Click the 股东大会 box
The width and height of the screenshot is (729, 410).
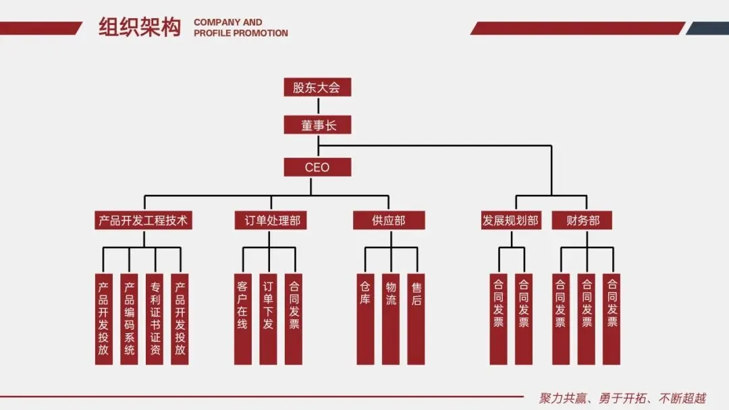coord(317,87)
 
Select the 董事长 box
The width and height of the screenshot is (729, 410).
coord(317,125)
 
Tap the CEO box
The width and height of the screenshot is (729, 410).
coord(317,167)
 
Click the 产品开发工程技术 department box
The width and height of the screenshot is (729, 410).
coord(143,221)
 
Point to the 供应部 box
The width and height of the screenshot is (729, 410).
coord(389,221)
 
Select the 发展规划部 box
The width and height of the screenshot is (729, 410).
coord(511,221)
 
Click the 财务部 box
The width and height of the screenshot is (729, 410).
coord(583,221)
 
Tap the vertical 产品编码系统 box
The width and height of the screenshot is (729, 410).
coord(129,318)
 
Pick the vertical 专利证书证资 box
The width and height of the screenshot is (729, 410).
coord(155,318)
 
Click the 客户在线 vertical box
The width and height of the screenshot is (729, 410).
coord(242,318)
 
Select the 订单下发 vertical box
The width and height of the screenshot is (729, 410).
coord(268,318)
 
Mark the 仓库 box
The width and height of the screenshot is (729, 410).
coord(365,318)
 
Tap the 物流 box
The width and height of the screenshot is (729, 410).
coord(391,318)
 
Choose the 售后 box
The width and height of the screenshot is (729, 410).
coord(416,318)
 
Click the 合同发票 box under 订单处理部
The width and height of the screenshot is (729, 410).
coord(294,318)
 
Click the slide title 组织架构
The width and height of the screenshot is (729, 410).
coord(140,28)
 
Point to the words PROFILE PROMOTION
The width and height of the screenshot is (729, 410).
coord(241,33)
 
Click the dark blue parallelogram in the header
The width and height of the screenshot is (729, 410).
coord(708,28)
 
